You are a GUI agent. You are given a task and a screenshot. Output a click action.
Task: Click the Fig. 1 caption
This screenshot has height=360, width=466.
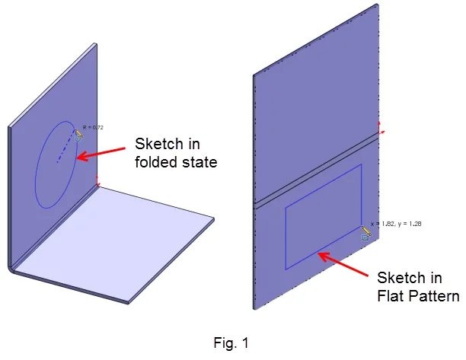[x=232, y=343]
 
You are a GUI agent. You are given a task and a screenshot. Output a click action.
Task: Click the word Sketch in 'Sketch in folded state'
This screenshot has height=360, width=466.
[x=154, y=143]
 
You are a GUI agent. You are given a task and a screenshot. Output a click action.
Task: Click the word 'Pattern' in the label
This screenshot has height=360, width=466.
[x=434, y=295]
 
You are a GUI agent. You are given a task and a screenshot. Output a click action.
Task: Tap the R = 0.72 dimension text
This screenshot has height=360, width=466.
[x=91, y=126]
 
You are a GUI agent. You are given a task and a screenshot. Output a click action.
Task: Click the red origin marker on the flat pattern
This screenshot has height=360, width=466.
[x=381, y=127]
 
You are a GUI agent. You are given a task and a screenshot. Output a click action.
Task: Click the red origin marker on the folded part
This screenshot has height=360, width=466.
[x=97, y=181]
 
